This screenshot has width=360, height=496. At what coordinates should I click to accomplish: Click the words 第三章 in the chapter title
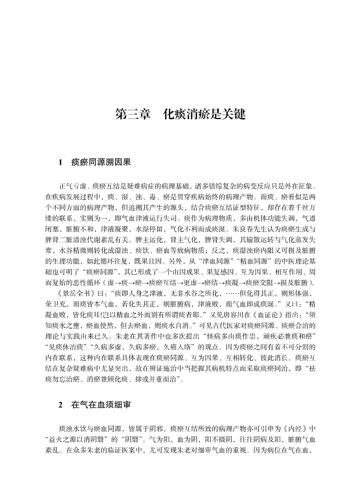pos(132,114)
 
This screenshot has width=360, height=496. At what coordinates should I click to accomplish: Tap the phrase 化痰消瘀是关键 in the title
pos(204,114)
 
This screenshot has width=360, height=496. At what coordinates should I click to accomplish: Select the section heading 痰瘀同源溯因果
pos(101,161)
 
